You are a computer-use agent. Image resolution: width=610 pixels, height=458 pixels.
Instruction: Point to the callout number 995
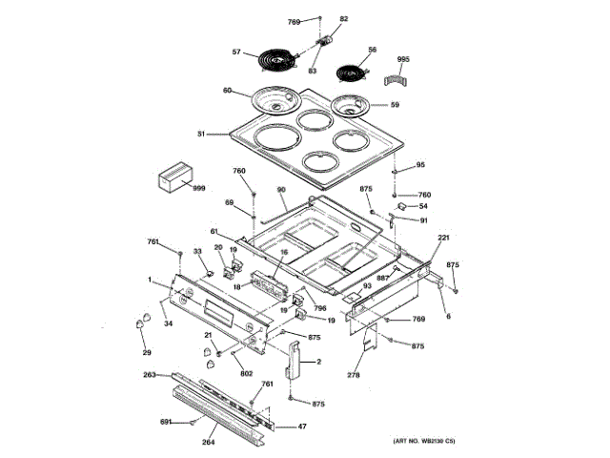point(402,59)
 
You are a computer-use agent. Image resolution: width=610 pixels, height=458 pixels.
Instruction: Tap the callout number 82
point(344,19)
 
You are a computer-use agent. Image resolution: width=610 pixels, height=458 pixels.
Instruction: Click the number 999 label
point(199,189)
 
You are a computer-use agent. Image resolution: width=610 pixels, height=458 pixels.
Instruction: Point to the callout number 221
point(443,238)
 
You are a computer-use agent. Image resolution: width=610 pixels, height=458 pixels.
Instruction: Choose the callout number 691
point(164,421)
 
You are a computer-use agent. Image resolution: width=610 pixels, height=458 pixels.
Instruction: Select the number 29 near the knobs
point(147,354)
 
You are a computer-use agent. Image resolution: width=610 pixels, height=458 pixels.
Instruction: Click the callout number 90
point(281,190)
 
